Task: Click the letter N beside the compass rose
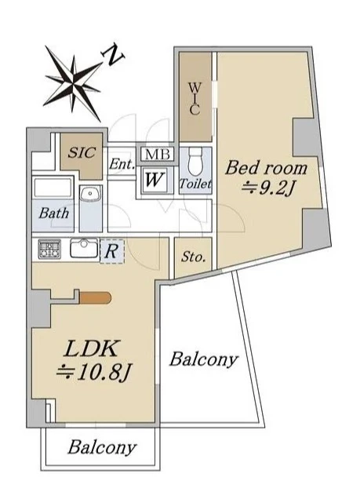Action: pos(112,55)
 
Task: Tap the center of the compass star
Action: pos(74,82)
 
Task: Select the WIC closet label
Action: pos(195,99)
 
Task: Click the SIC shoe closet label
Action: pos(82,152)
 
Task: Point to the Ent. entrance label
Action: pos(122,164)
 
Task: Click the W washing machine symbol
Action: pos(154,180)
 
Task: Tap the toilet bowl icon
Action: pos(196,162)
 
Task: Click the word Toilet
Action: pos(195,184)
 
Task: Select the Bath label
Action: pos(54,213)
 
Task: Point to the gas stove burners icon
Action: pos(49,249)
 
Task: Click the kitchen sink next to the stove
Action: pos(84,248)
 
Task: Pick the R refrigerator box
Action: pos(111,251)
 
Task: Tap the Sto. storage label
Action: pos(194,257)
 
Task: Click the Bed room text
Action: pos(266,168)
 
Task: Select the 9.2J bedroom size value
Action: pos(268,189)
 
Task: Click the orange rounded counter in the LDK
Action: pos(95,297)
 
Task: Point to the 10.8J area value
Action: pos(93,373)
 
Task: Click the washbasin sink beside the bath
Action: pos(91,195)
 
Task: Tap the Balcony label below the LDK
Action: pos(102,447)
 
